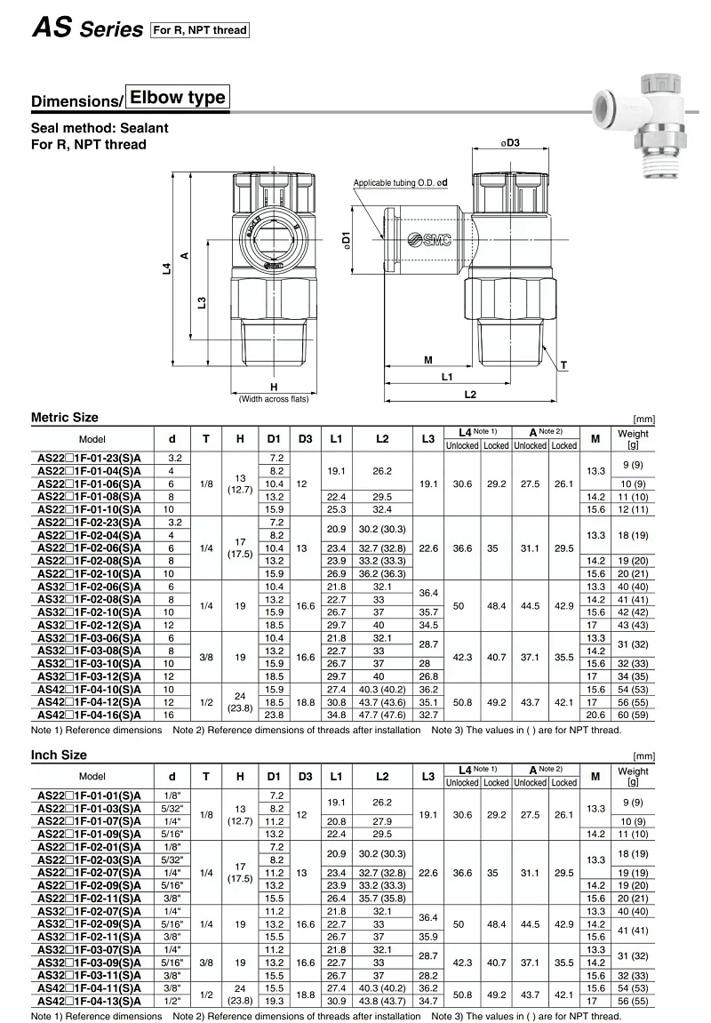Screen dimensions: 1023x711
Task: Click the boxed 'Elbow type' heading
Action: pos(178,97)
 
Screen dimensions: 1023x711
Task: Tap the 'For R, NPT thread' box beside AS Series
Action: pos(199,30)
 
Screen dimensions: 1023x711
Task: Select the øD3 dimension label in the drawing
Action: pos(508,143)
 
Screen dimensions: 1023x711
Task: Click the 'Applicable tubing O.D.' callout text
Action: pos(400,183)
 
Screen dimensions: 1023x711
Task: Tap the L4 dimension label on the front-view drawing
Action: pos(166,266)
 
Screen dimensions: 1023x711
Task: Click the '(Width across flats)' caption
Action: pos(274,399)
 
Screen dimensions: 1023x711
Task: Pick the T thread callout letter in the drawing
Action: pos(563,365)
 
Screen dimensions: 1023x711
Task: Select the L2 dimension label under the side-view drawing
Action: pos(470,394)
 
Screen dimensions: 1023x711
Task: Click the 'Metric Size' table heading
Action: pos(65,418)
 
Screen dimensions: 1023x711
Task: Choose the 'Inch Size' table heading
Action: pos(60,755)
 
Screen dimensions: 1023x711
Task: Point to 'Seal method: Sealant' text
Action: pos(100,128)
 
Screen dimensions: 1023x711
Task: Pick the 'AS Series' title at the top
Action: pos(87,29)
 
